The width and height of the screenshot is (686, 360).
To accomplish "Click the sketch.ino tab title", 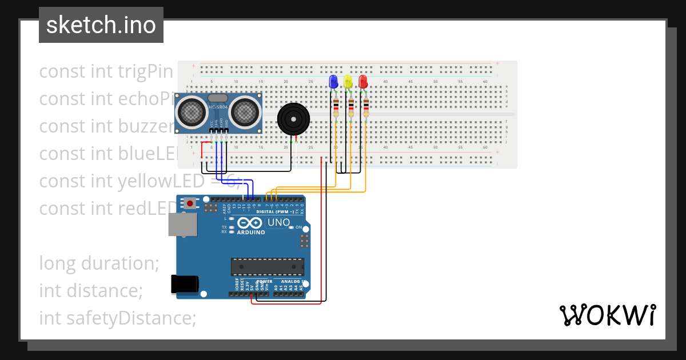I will [101, 25].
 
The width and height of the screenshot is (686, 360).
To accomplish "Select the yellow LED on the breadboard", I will [348, 82].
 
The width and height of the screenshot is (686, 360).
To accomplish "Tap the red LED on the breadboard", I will [363, 82].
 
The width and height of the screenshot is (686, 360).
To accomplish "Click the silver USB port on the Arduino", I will [182, 225].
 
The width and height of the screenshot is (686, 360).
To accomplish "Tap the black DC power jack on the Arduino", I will [185, 284].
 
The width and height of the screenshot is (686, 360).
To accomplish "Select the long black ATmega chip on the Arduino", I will [267, 267].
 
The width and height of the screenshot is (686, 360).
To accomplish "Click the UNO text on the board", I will [279, 222].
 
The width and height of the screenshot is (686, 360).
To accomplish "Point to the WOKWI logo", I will [607, 315].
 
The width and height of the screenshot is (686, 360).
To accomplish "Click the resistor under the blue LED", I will [336, 107].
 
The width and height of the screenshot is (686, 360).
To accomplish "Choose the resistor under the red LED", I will [365, 107].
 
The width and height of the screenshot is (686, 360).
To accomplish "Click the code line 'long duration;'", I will [99, 263].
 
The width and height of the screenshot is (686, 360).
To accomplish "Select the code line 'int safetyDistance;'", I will [117, 318].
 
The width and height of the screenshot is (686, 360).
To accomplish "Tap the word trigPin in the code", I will [145, 71].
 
